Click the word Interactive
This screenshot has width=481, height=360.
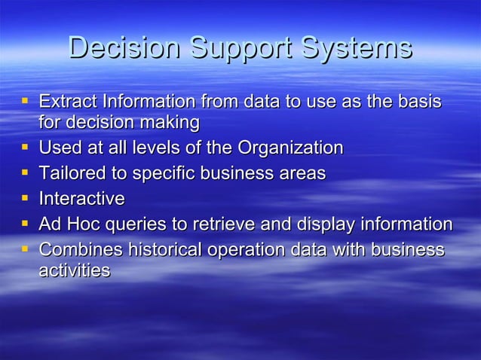[81, 199]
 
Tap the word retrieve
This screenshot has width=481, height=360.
[231, 224]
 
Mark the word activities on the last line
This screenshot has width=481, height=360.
[74, 270]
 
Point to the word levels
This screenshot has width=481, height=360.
[170, 148]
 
